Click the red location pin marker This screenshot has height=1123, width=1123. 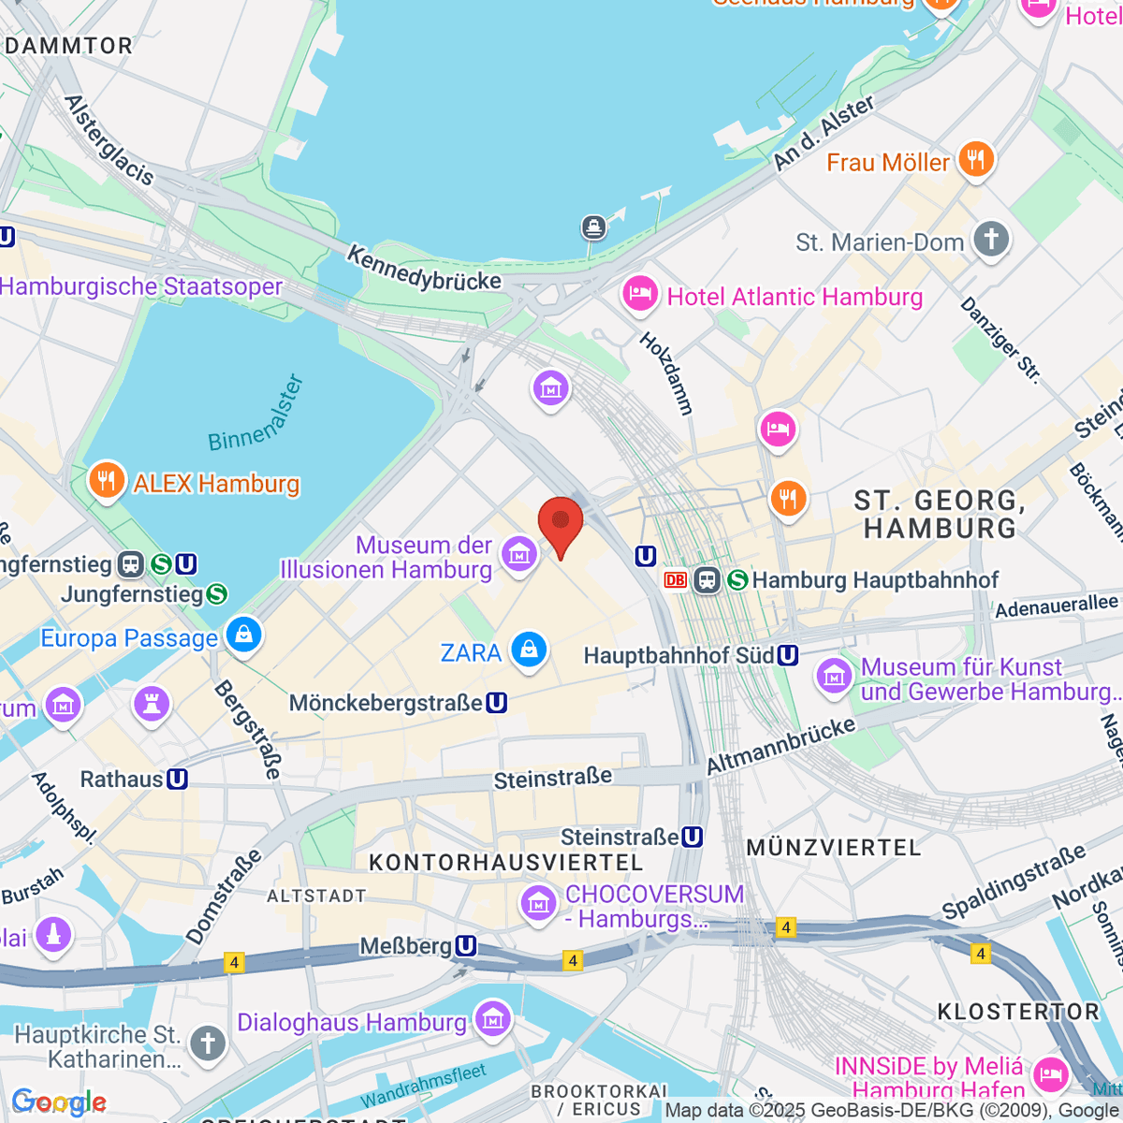tap(561, 522)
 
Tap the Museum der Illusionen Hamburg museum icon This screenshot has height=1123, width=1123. tap(519, 554)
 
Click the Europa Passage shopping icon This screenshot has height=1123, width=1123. tap(243, 634)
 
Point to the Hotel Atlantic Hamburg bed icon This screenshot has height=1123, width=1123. tap(640, 295)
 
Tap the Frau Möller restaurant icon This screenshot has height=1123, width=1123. tap(976, 159)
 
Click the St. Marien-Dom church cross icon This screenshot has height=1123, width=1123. tap(991, 239)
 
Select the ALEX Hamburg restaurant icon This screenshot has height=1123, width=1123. tap(107, 481)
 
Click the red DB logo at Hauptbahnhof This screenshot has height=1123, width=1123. tap(675, 580)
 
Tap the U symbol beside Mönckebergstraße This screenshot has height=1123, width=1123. tap(497, 703)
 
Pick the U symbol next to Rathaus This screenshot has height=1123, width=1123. tap(176, 779)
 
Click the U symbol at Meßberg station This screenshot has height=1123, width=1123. tap(465, 946)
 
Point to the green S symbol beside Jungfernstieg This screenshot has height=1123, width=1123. tap(217, 593)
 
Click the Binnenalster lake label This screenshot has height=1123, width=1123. tap(255, 414)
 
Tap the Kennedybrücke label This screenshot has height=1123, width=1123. tap(424, 268)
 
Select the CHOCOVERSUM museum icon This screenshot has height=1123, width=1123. tap(538, 903)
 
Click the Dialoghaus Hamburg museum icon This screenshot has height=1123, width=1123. tap(491, 1019)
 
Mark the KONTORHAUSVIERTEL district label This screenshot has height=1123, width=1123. tap(505, 863)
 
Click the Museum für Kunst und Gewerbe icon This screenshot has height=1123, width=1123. tap(833, 676)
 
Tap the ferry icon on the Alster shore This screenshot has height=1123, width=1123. tap(593, 226)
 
